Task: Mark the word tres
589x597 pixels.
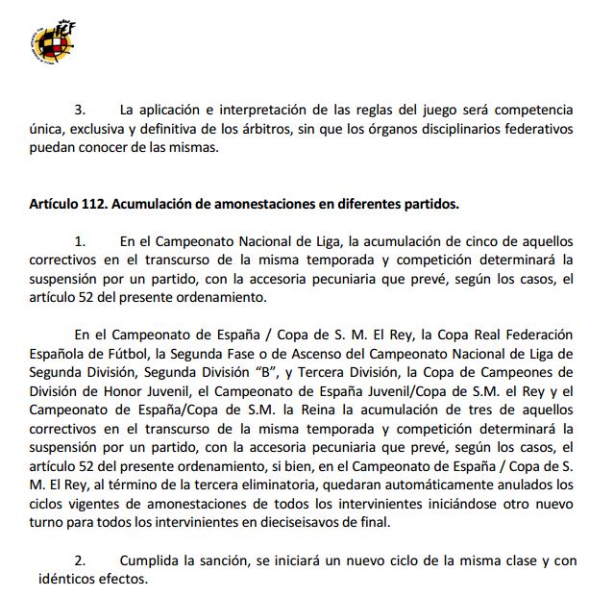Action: (x=481, y=408)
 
